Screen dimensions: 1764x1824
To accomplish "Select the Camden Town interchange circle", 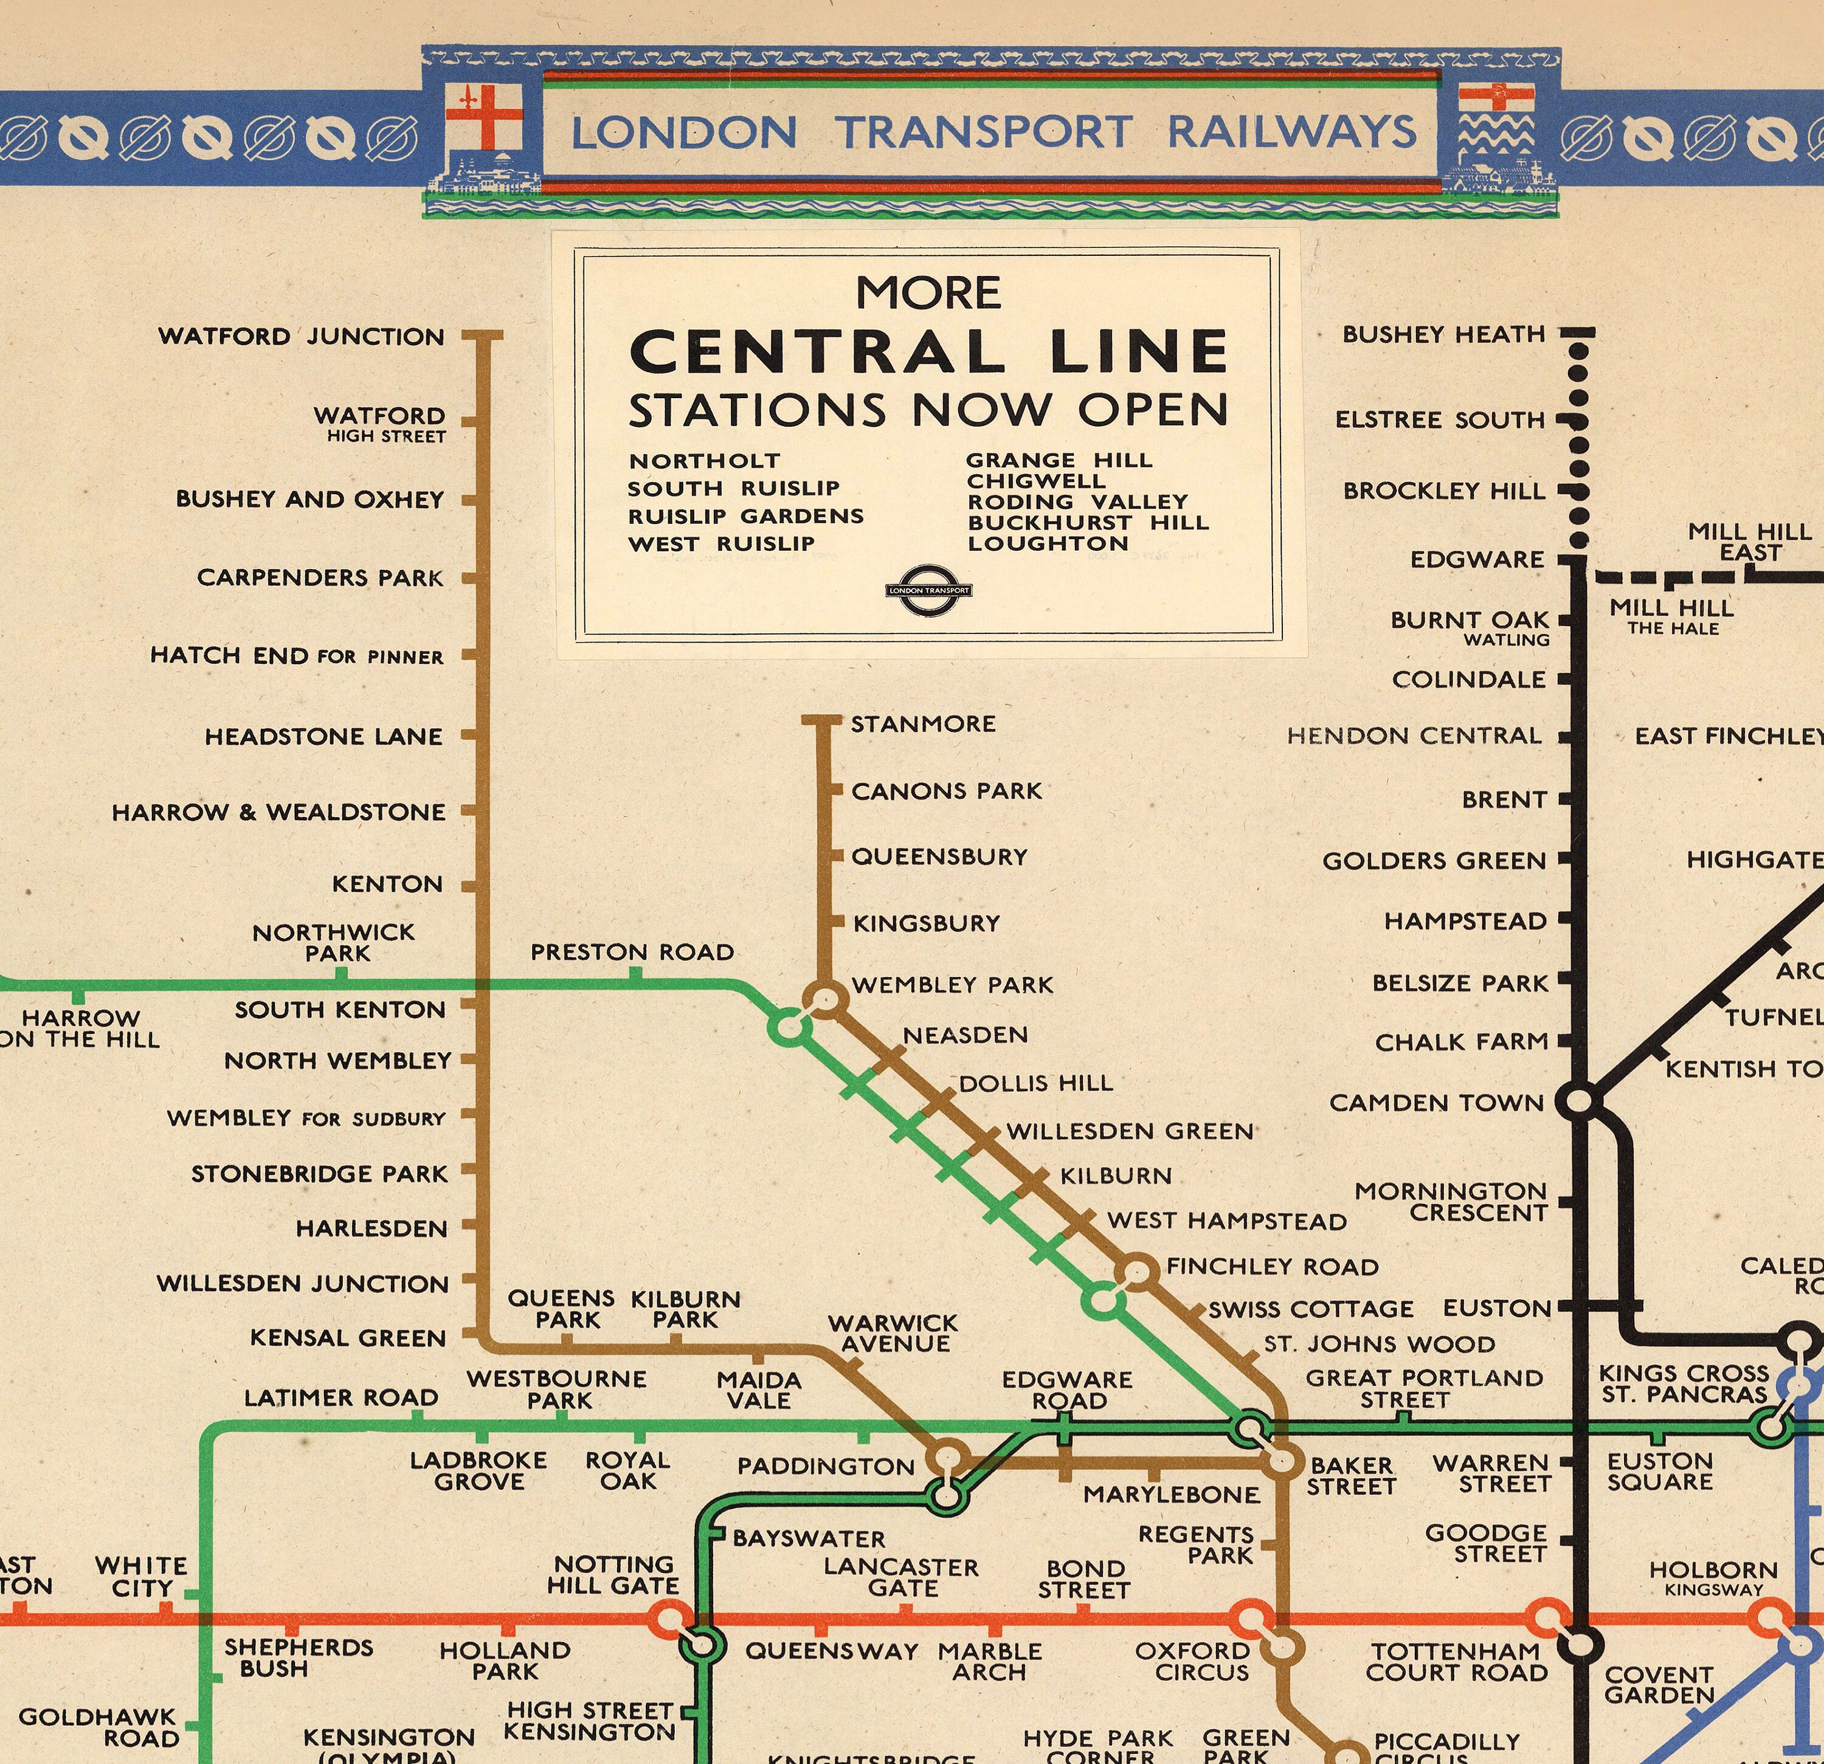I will coord(1579,1103).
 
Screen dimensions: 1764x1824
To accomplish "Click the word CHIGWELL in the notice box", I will coord(1036,481).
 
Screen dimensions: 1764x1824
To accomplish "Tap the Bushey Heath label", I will coord(1443,334).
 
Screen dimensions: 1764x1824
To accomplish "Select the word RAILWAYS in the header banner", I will coord(1291,132).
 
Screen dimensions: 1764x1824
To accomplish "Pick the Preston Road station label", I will coord(632,952).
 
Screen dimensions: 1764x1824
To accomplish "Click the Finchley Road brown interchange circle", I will coord(1137,1270).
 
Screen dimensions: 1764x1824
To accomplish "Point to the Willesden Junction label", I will coord(302,1283).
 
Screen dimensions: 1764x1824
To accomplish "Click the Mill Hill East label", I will coord(1750,542).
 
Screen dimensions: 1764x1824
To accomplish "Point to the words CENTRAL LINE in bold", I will coord(929,352).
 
